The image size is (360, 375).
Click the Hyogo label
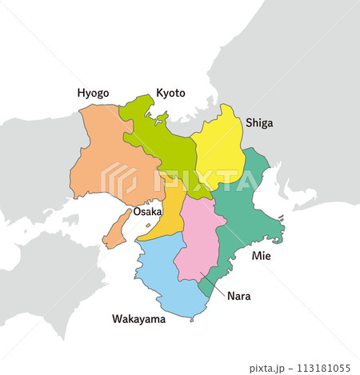(x=93, y=93)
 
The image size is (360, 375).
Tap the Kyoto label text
(x=170, y=93)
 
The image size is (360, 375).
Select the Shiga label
(x=258, y=122)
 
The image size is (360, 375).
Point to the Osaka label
(x=147, y=212)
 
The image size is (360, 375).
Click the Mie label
(x=262, y=256)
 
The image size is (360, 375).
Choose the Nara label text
(x=238, y=296)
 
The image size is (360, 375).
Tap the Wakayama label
(x=138, y=319)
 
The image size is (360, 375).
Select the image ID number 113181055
(x=323, y=369)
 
